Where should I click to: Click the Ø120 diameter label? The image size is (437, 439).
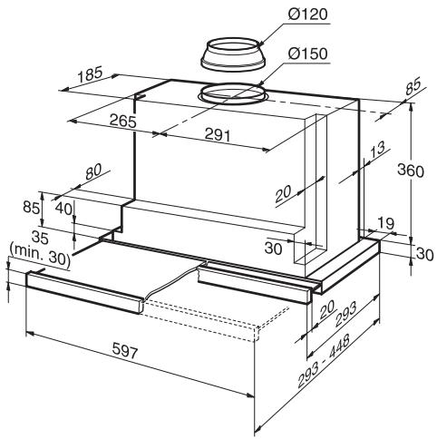(305, 15)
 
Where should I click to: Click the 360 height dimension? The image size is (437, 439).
(414, 173)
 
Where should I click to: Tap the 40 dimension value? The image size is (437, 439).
(63, 208)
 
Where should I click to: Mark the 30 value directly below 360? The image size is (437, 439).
(423, 255)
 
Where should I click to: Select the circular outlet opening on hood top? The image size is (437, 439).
(230, 93)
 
